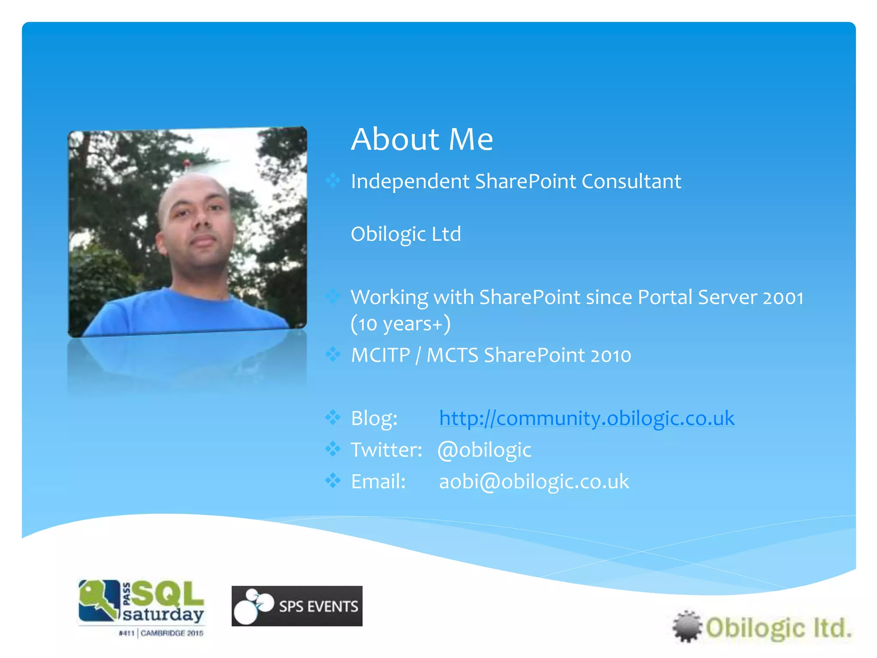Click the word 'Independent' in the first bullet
[x=410, y=181]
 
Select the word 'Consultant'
[x=631, y=181]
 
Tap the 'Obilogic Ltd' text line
[x=406, y=234]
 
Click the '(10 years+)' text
[x=400, y=324]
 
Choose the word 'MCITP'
[x=380, y=356]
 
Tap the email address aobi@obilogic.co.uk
[x=534, y=482]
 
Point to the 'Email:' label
[x=378, y=482]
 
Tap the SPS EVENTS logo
[x=297, y=606]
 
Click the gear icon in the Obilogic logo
[x=686, y=626]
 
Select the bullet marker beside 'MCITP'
[x=333, y=355]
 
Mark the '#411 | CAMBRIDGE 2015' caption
[x=161, y=633]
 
